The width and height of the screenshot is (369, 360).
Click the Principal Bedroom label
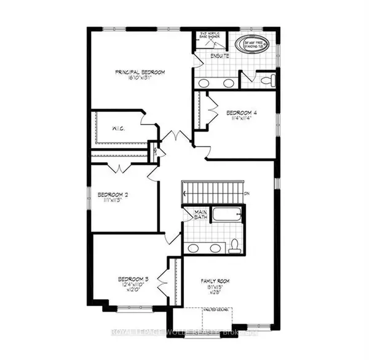(140, 72)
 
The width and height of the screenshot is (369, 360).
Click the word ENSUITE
(220, 57)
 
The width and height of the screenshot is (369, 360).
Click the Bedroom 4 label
(241, 112)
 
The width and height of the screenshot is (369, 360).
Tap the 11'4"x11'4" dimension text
(241, 120)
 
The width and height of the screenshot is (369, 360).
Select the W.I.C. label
(119, 129)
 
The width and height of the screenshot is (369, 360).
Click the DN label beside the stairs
(246, 195)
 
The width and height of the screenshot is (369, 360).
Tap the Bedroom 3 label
(132, 280)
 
